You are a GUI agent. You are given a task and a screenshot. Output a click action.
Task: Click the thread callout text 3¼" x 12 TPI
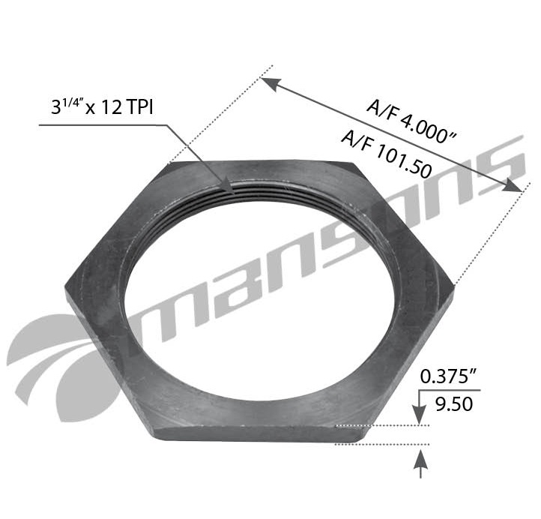click(102, 107)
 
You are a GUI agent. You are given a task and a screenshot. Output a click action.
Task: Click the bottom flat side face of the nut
click(247, 433)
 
